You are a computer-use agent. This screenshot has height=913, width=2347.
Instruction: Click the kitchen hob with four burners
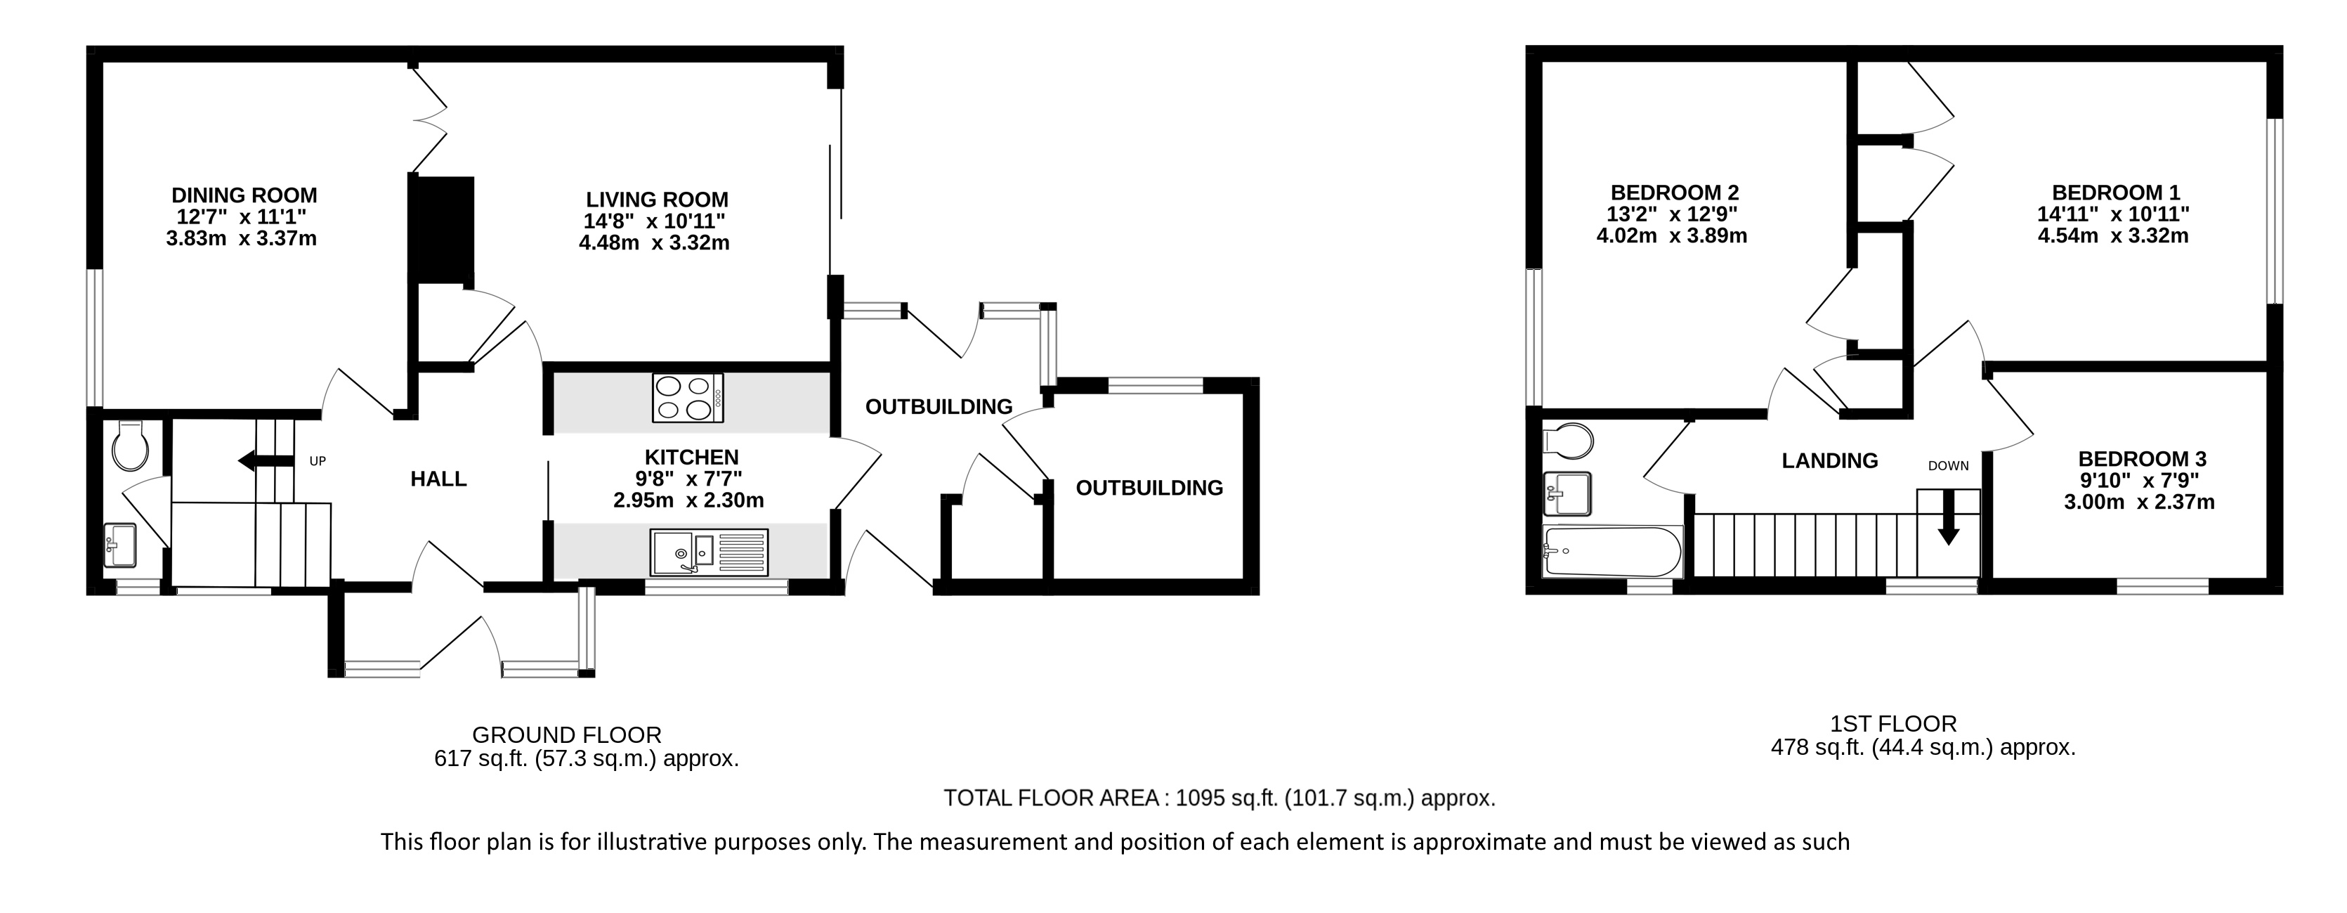[688, 399]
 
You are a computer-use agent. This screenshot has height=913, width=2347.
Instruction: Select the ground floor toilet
[130, 446]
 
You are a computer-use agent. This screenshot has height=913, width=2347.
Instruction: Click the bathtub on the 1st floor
[1611, 551]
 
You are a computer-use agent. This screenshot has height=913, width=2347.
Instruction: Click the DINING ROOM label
[244, 195]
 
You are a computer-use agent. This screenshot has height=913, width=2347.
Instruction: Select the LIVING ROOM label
[657, 200]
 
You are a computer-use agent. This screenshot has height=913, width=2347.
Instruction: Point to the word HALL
[438, 479]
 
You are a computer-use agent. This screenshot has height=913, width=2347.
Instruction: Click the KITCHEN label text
[691, 458]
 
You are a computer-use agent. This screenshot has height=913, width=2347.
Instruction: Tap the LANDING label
[1829, 461]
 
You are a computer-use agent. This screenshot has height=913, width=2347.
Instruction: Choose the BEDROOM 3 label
[2141, 459]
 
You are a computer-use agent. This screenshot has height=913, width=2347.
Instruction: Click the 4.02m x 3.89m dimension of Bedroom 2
[1672, 236]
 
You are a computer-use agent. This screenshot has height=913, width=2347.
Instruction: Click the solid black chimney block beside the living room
[443, 228]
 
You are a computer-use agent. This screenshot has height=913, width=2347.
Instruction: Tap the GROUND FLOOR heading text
[567, 734]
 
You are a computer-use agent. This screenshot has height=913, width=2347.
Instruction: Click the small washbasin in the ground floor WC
[119, 544]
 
